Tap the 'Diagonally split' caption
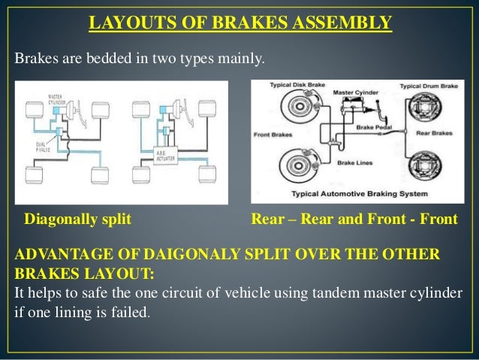pos(78,219)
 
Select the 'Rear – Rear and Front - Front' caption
pos(354,219)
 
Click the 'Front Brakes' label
pos(275,135)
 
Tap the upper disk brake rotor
pos(296,112)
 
